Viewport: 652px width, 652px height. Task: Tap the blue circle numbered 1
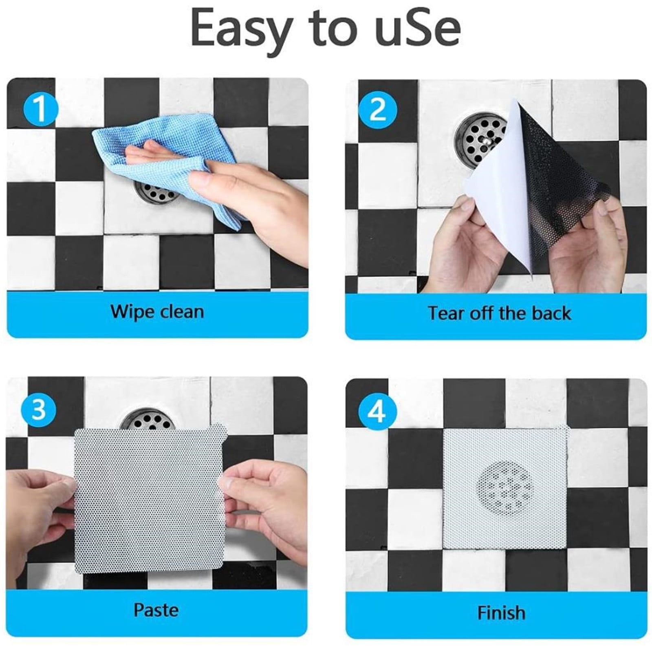click(40, 109)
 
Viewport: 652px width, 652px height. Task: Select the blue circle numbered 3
click(39, 409)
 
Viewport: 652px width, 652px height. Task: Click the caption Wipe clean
click(157, 312)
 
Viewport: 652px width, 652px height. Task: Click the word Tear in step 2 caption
click(445, 313)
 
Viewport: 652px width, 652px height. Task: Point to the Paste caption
click(156, 610)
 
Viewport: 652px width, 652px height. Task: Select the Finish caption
click(501, 612)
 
